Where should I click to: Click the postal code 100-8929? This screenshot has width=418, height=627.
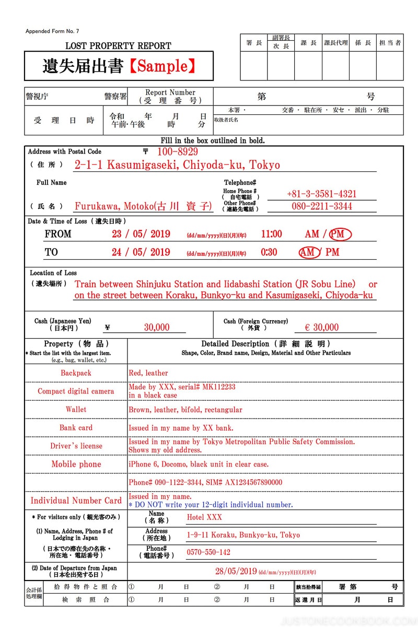click(178, 152)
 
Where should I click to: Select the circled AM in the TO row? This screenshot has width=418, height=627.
click(310, 252)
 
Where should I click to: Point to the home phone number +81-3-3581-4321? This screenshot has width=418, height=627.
click(321, 194)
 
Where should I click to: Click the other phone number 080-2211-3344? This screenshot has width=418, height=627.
click(321, 206)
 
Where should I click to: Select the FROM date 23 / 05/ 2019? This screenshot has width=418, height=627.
click(141, 234)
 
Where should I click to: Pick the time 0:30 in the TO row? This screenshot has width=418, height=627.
click(269, 252)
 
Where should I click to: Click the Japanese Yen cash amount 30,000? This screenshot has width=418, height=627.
click(157, 328)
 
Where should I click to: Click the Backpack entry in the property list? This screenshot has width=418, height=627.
click(76, 373)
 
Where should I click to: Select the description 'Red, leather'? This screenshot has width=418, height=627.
click(148, 373)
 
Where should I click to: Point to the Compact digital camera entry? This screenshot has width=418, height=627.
click(76, 391)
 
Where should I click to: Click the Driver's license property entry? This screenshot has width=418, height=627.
click(76, 446)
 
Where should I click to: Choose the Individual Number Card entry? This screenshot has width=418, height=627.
click(76, 501)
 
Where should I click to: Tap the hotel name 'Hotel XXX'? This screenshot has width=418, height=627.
click(204, 517)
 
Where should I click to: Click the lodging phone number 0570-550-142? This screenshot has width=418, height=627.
click(208, 552)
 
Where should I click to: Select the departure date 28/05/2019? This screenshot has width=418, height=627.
click(236, 572)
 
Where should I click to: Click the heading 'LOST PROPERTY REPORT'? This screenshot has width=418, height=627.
click(118, 46)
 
